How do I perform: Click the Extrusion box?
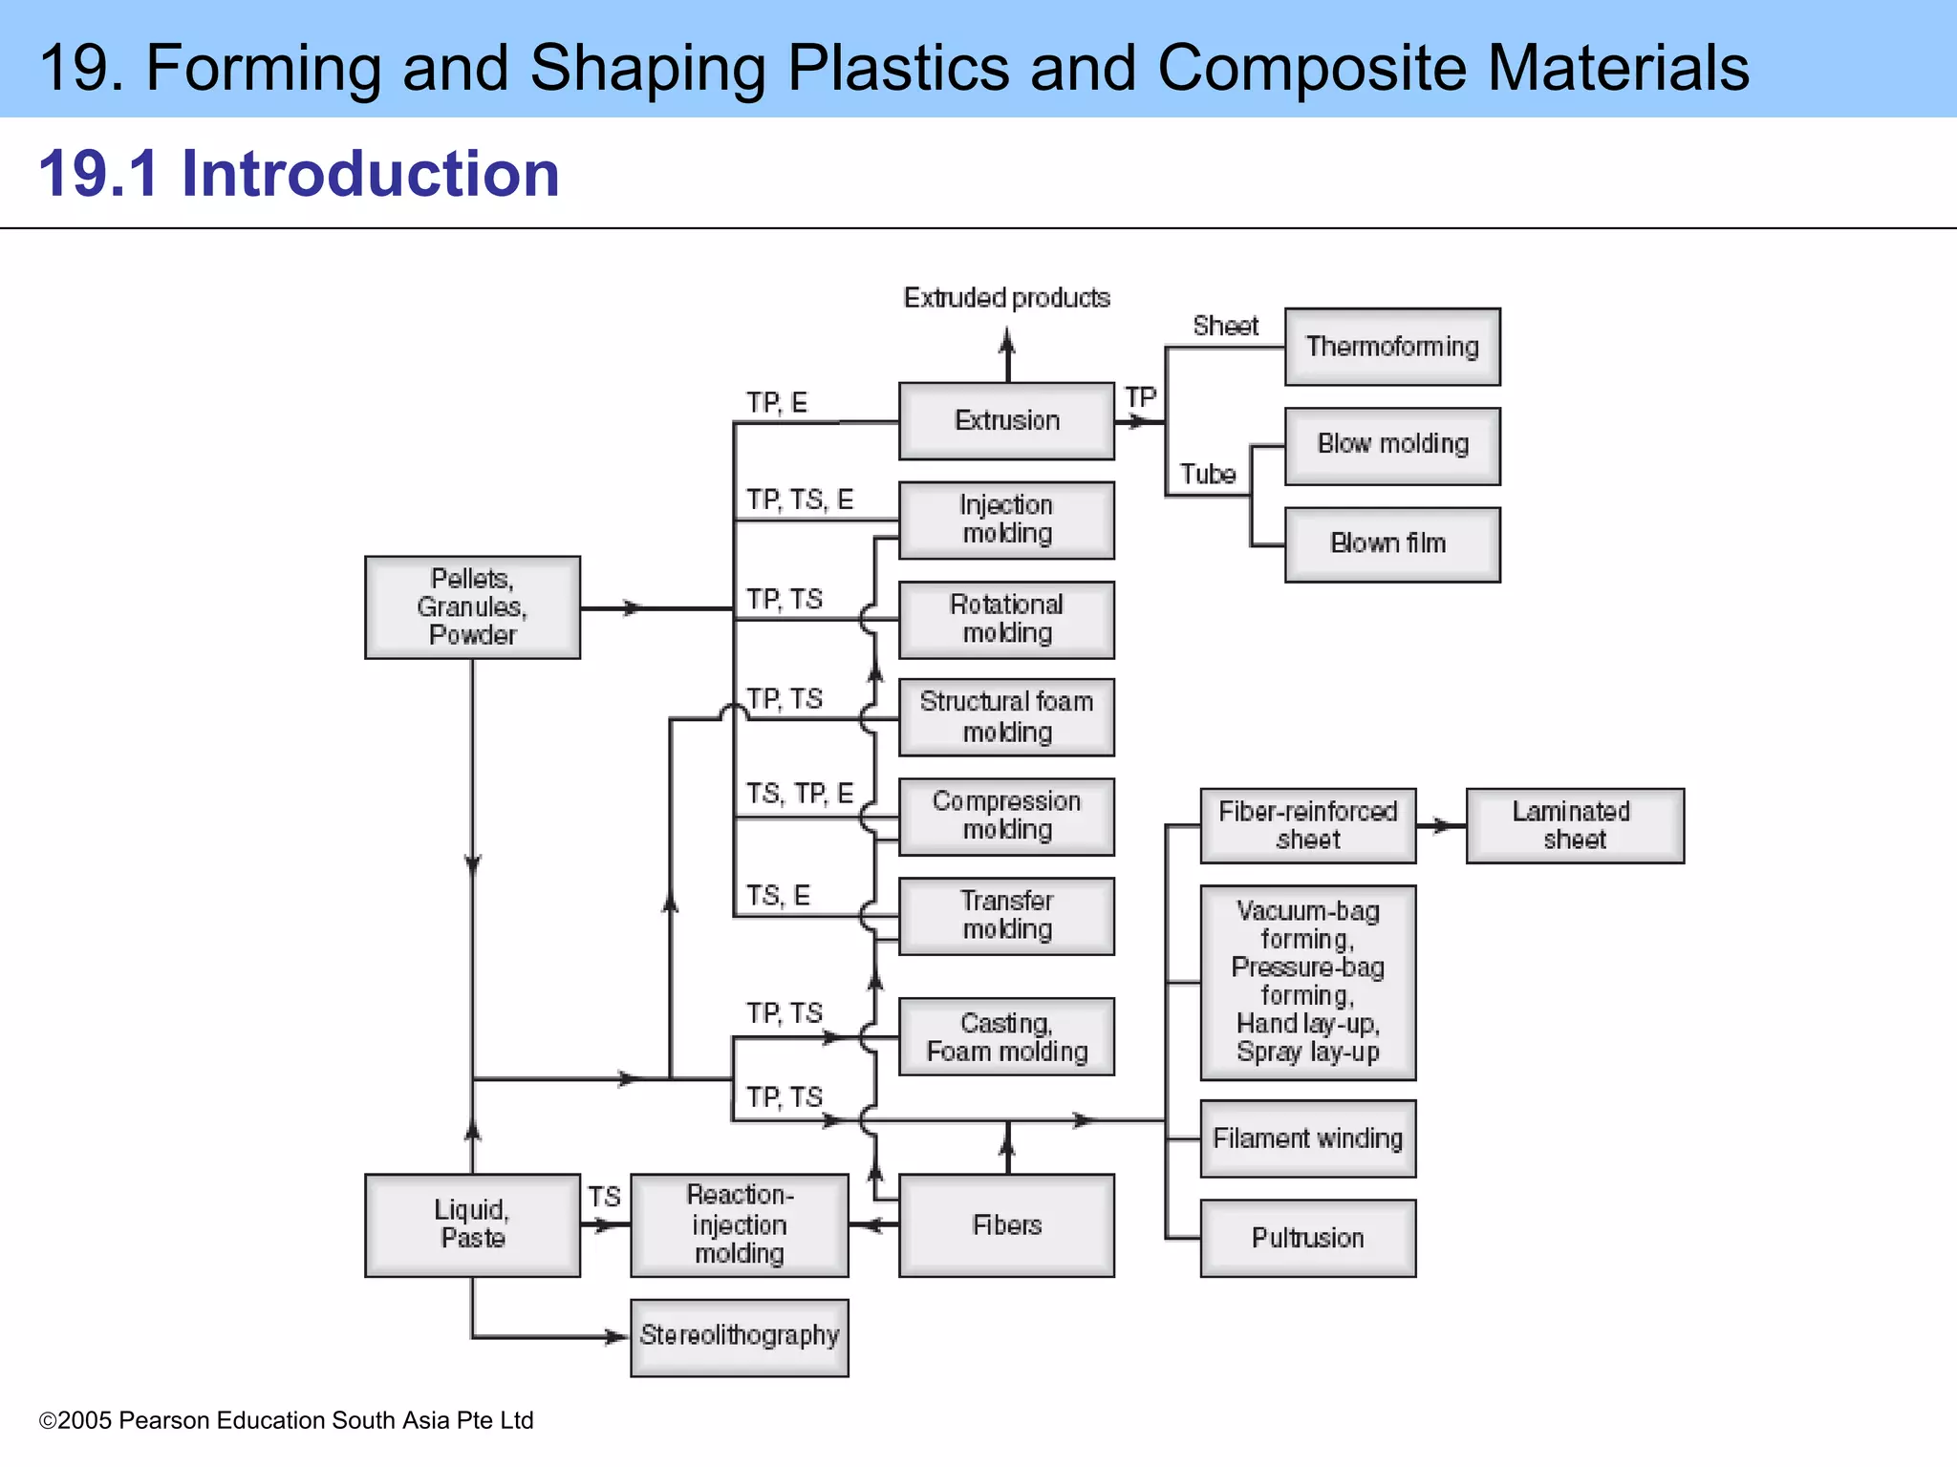pyautogui.click(x=1006, y=420)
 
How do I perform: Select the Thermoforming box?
pyautogui.click(x=1392, y=347)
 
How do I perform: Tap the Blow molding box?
pyautogui.click(x=1392, y=445)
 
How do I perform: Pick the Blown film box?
pyautogui.click(x=1392, y=544)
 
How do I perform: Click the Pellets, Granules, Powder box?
pyautogui.click(x=472, y=607)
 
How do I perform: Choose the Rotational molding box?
pyautogui.click(x=1006, y=619)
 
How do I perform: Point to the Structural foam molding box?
pyautogui.click(x=1006, y=717)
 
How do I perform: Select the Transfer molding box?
pyautogui.click(x=1006, y=916)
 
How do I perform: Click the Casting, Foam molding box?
pyautogui.click(x=1006, y=1037)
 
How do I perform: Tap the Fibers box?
pyautogui.click(x=1006, y=1225)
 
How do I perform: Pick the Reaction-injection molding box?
pyautogui.click(x=740, y=1225)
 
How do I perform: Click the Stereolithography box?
pyautogui.click(x=740, y=1336)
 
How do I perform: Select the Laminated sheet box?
pyautogui.click(x=1575, y=826)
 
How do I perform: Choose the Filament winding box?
pyautogui.click(x=1307, y=1138)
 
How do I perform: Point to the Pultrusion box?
pyautogui.click(x=1307, y=1238)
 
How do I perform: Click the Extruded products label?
pyautogui.click(x=1006, y=298)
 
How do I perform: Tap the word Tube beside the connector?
pyautogui.click(x=1207, y=474)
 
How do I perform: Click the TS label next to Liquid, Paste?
pyautogui.click(x=604, y=1197)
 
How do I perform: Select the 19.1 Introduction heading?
pyautogui.click(x=299, y=174)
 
